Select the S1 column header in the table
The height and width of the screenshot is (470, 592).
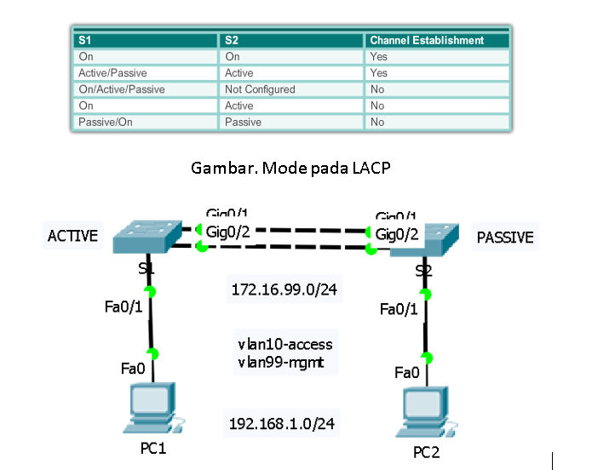point(84,40)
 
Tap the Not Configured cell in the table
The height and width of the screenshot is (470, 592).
point(260,89)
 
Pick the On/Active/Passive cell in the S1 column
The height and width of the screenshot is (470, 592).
point(122,89)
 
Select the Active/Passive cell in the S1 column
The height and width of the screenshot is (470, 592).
point(112,73)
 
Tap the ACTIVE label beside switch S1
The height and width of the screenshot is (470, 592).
point(72,236)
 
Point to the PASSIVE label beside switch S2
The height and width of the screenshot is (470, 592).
point(505,238)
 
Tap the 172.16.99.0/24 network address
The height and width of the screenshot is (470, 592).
point(285,290)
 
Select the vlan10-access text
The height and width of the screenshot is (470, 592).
point(285,345)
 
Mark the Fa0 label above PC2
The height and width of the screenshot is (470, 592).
point(407,372)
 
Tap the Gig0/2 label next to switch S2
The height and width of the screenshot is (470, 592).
point(397,235)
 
